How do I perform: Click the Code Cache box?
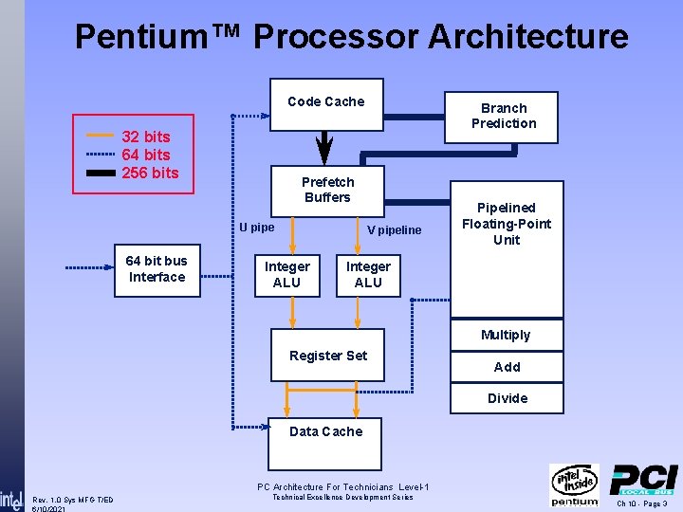[325, 102]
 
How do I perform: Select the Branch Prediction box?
[504, 116]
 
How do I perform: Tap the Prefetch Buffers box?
[327, 190]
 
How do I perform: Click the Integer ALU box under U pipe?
[286, 275]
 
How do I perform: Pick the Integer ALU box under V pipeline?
[368, 275]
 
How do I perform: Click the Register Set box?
[328, 356]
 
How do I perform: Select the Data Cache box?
[325, 431]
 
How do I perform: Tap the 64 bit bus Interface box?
[157, 269]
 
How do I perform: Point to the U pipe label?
[256, 228]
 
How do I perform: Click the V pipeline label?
[395, 230]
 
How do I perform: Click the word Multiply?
[506, 335]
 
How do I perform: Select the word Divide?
[508, 398]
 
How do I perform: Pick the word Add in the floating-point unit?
[507, 367]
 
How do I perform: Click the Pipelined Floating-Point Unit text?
[507, 224]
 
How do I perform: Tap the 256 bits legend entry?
[150, 173]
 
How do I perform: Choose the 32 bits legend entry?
[145, 137]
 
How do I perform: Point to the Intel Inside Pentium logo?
[575, 485]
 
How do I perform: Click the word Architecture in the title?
[528, 37]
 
